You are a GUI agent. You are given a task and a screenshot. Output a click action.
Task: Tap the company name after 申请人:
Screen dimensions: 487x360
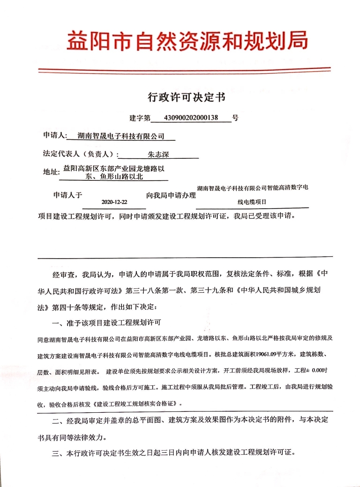point(121,135)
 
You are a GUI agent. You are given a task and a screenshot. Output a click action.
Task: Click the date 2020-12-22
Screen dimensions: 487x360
point(115,202)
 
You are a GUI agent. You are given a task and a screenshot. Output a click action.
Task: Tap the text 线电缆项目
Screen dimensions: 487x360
point(252,202)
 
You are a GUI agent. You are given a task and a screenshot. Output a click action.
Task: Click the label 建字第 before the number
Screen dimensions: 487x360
point(140,118)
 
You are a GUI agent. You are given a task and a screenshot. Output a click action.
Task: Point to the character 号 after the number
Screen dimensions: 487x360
point(235,118)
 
